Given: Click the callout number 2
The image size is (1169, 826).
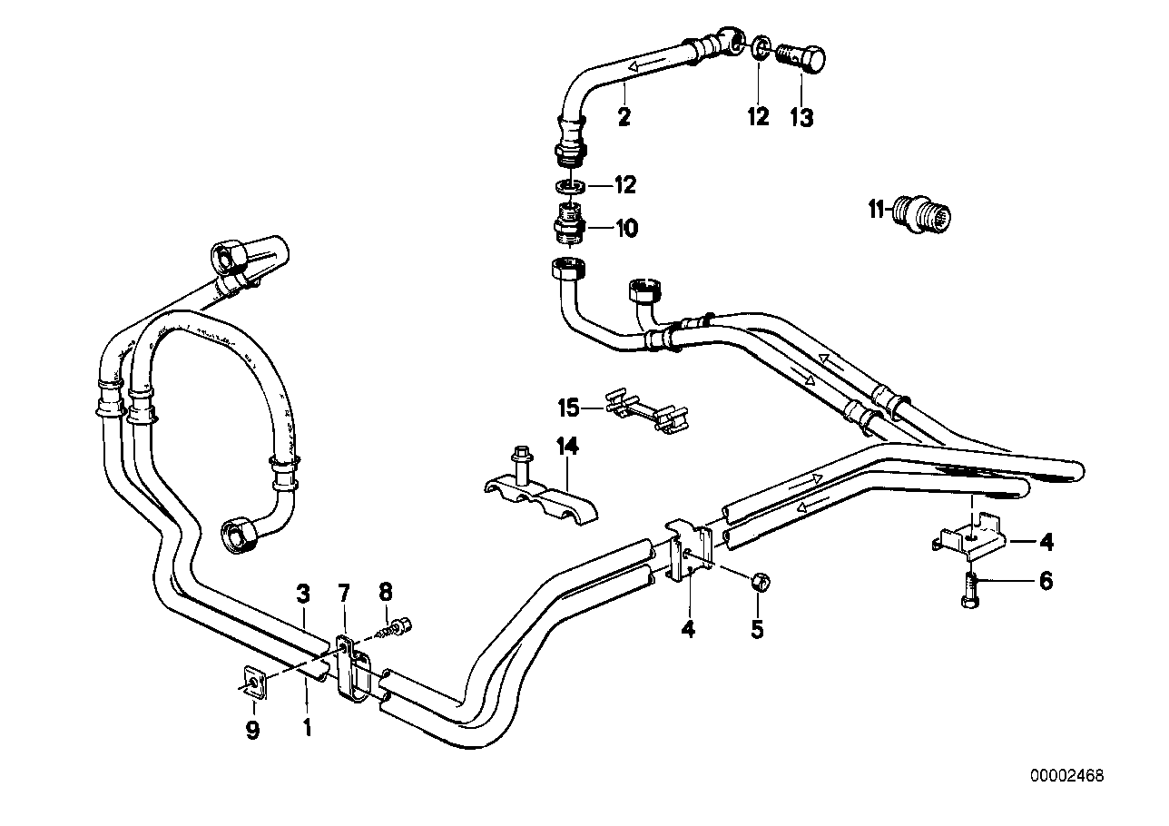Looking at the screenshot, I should (624, 116).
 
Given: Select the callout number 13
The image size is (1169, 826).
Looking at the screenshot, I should (801, 117).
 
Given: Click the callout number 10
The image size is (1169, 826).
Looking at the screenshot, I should (626, 228).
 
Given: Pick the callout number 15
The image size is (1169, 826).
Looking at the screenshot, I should (568, 408).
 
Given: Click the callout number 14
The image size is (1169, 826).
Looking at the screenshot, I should (567, 446).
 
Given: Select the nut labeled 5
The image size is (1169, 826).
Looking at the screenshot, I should (762, 581).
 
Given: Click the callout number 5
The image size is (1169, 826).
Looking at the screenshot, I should (757, 628).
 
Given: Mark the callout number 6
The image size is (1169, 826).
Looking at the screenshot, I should (1046, 581).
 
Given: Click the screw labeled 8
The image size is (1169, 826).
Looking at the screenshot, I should (399, 626).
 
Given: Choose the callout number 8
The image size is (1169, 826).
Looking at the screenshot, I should (386, 594).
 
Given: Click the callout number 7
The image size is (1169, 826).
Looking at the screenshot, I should (343, 595).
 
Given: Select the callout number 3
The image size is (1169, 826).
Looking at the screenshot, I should (303, 595).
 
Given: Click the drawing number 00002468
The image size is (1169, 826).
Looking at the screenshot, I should (1066, 776).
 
